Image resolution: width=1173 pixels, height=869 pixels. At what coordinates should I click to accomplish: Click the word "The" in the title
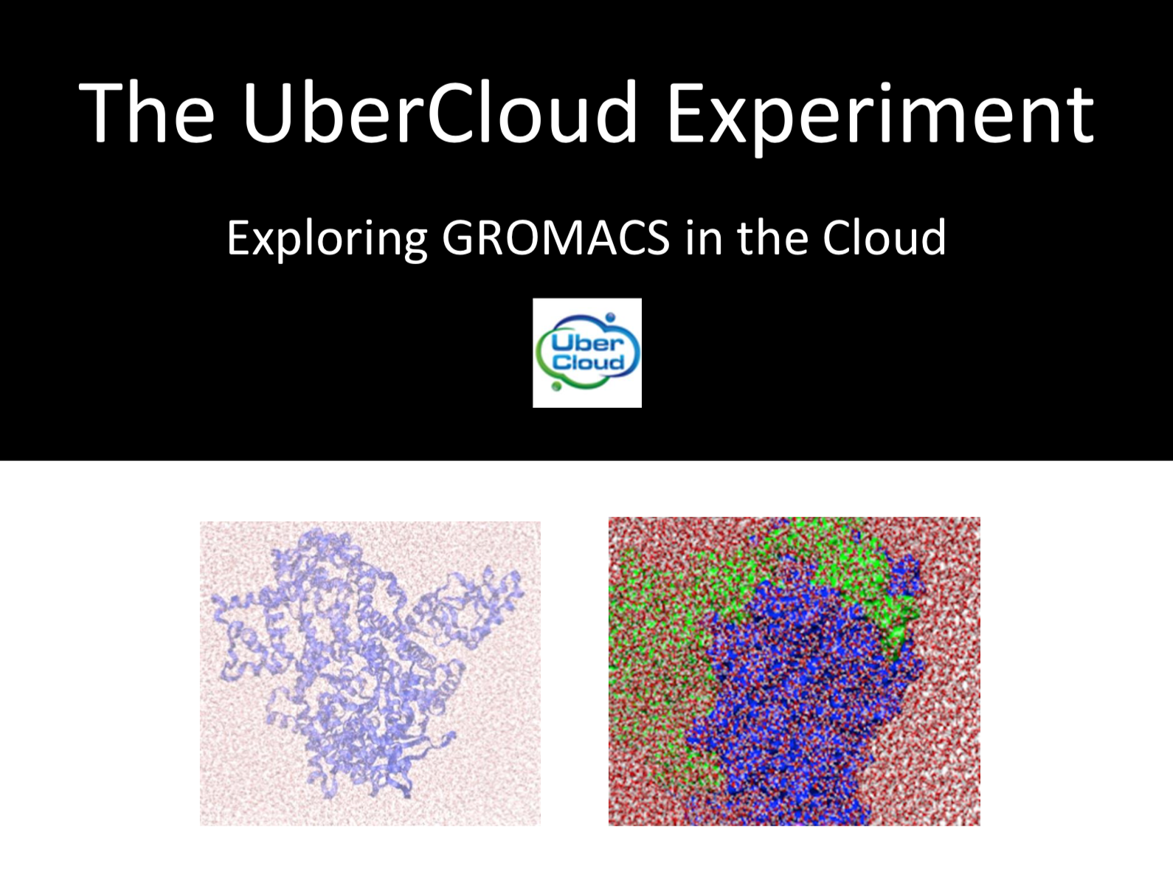(x=146, y=112)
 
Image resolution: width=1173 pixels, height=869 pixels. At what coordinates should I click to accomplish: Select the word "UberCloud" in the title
(x=439, y=112)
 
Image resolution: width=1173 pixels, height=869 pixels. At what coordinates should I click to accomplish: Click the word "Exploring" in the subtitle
(x=326, y=238)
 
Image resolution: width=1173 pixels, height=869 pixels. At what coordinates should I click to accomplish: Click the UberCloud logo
(x=587, y=353)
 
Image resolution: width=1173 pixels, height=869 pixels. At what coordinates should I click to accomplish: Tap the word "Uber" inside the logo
(x=587, y=343)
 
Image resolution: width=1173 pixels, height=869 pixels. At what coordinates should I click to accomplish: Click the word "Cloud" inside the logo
(x=588, y=362)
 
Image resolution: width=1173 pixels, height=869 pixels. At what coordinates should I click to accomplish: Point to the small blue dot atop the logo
(x=610, y=317)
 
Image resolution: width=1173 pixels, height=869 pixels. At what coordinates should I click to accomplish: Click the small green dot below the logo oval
(x=556, y=386)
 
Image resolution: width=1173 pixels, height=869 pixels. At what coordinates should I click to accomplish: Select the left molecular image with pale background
(x=370, y=673)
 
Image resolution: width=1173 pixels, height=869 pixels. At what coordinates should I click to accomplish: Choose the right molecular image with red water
(x=794, y=671)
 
